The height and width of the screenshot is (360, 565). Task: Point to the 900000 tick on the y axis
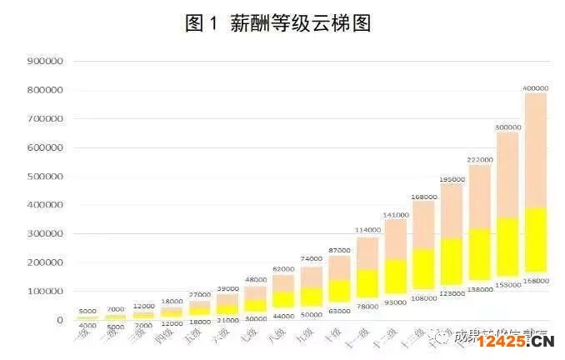(45, 62)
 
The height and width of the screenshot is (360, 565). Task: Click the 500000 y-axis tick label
(45, 177)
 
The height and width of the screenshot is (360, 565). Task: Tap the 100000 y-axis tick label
(45, 292)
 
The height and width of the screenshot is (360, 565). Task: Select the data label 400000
(536, 87)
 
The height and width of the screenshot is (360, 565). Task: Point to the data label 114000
(367, 231)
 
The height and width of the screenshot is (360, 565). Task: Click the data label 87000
(339, 250)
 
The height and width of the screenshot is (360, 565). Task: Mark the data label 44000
(283, 316)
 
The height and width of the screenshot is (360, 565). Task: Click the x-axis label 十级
(333, 334)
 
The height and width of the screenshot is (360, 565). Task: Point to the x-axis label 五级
(194, 337)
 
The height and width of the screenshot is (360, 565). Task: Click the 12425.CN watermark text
(516, 340)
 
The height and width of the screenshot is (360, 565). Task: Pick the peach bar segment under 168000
(423, 225)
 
